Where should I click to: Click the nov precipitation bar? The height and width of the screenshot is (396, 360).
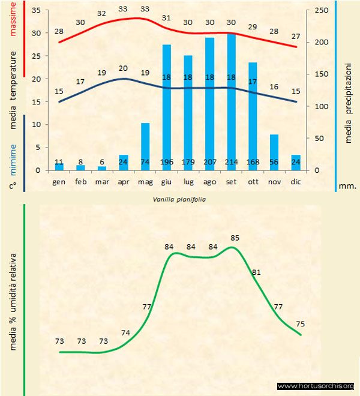pyautogui.click(x=274, y=152)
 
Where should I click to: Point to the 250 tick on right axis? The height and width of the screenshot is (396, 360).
pyautogui.click(x=322, y=11)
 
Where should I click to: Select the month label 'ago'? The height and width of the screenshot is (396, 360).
pyautogui.click(x=210, y=181)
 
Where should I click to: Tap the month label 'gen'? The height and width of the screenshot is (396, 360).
pyautogui.click(x=59, y=181)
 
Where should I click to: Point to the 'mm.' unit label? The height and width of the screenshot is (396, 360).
pyautogui.click(x=347, y=186)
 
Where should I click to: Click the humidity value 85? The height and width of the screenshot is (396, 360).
pyautogui.click(x=235, y=238)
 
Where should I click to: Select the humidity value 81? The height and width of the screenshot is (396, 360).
pyautogui.click(x=256, y=272)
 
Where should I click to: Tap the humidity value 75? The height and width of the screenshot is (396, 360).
pyautogui.click(x=300, y=324)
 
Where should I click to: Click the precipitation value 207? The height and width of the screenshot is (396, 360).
pyautogui.click(x=210, y=162)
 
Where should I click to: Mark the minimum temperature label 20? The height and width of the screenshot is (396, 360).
pyautogui.click(x=124, y=68)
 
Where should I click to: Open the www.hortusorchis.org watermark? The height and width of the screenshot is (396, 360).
pyautogui.click(x=316, y=386)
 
